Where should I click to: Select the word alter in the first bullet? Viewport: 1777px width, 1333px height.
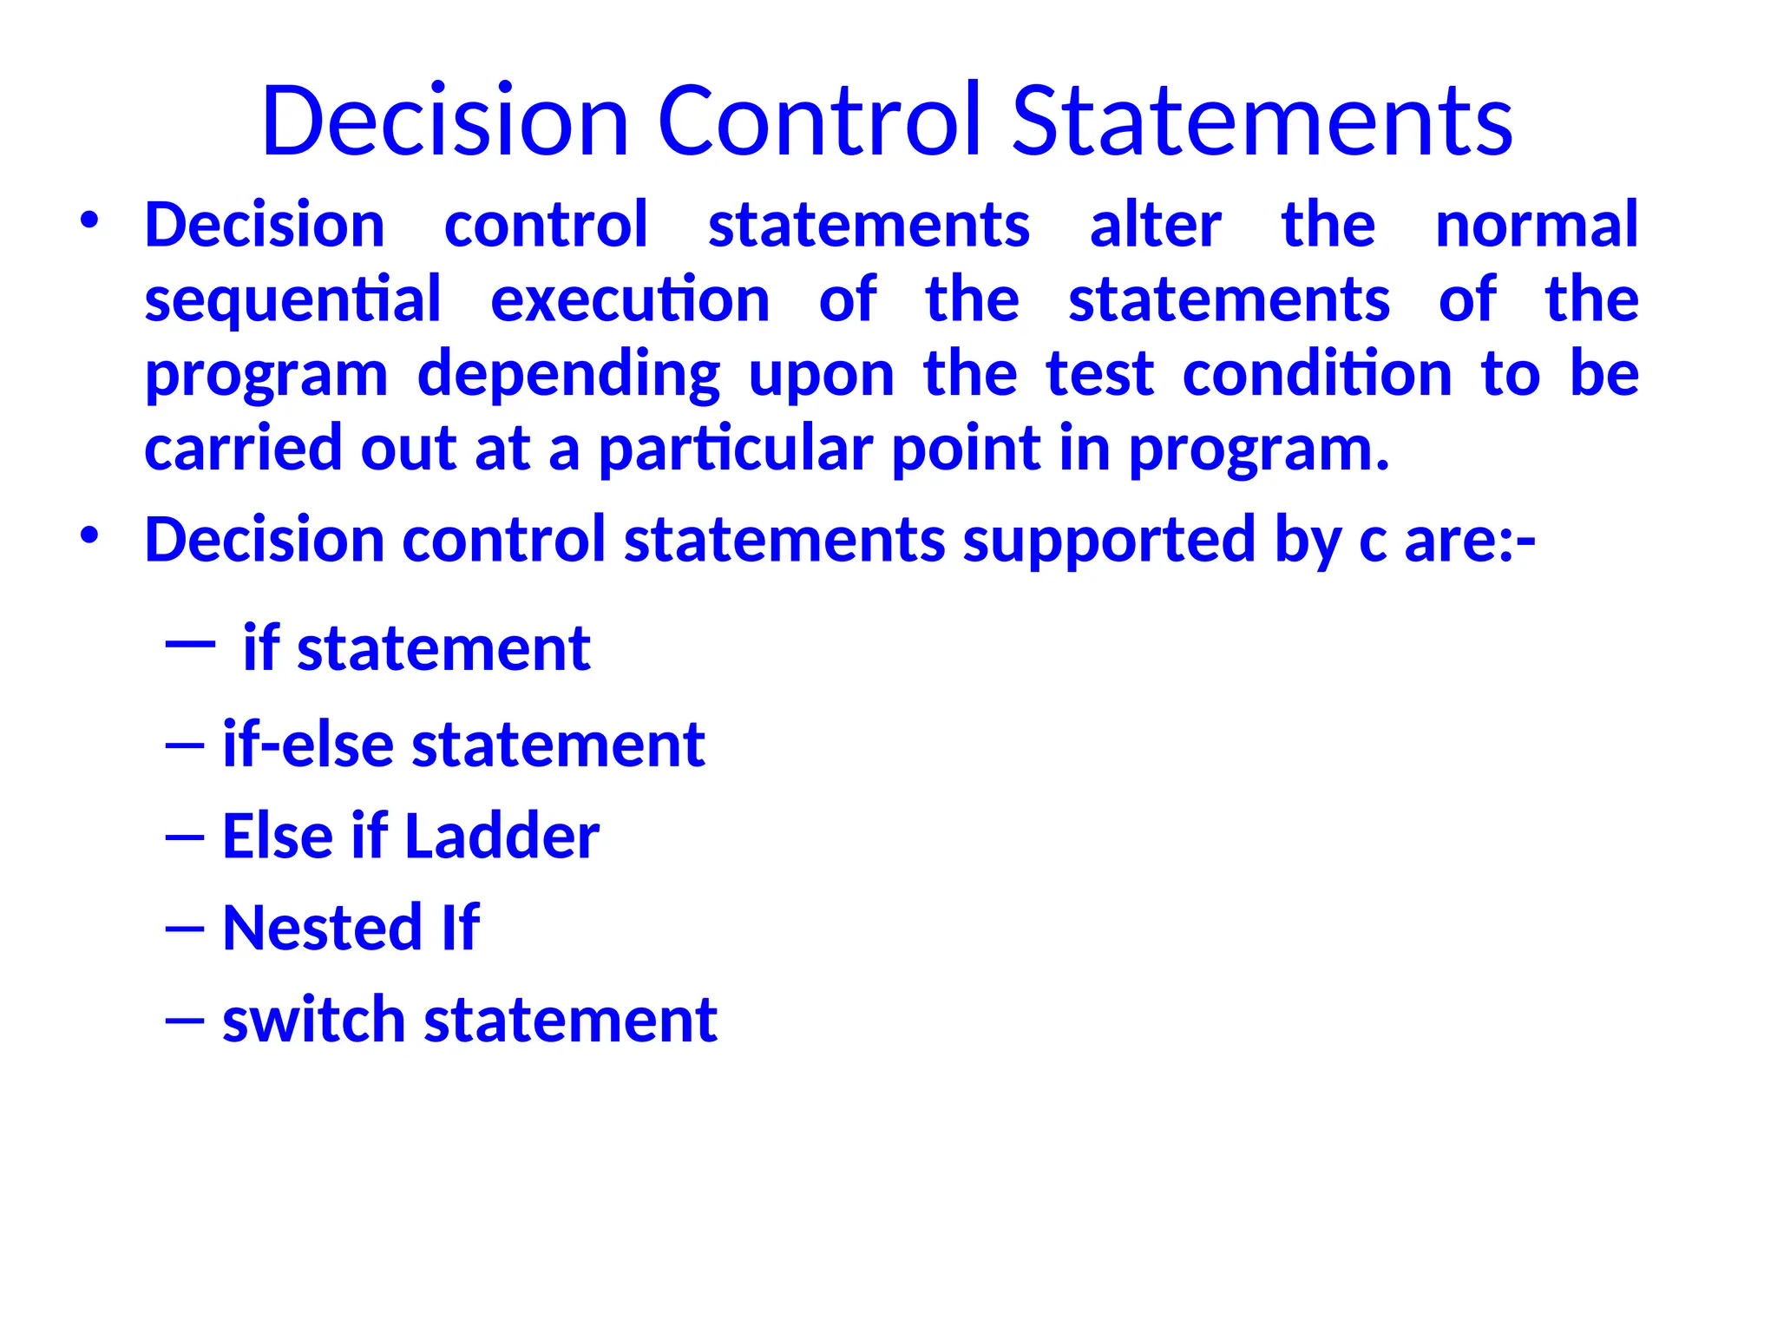1156,225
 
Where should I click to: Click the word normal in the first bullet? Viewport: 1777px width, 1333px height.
1537,225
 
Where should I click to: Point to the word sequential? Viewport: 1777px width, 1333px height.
292,300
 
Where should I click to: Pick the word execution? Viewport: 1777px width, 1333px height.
630,300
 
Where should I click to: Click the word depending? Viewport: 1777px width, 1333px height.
568,375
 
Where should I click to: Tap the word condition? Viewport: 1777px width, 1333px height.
1317,375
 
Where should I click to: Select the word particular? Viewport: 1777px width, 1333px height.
736,450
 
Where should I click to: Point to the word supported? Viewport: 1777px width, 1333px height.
1110,540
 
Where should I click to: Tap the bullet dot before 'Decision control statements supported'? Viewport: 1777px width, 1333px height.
89,535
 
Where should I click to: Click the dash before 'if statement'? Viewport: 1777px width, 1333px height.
189,643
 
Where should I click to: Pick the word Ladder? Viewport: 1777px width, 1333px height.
502,837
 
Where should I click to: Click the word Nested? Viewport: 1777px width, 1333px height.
322,928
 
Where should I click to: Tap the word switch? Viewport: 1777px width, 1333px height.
313,1020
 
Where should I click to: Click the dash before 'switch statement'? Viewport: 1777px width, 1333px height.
184,1021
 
